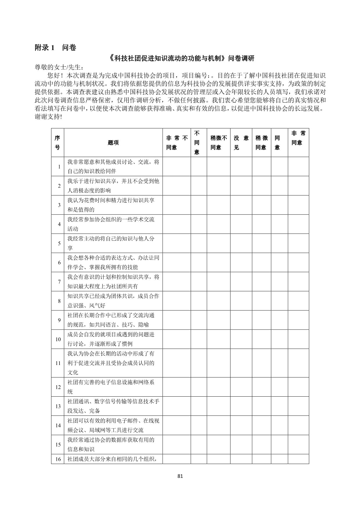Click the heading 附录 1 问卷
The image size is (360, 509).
tap(55, 48)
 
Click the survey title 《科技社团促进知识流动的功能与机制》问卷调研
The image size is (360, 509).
tap(182, 58)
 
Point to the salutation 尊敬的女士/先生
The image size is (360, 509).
tap(60, 67)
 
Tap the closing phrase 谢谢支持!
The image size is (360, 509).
tap(48, 117)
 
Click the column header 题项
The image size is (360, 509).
tap(113, 143)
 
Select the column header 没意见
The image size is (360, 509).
tap(241, 143)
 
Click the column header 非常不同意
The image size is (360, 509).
tap(177, 143)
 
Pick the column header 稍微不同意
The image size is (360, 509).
tap(218, 143)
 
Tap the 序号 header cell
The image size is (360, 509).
tap(57, 143)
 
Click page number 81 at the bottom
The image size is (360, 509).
tap(180, 476)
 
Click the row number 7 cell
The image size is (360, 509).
tap(59, 282)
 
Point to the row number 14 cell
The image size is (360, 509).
tap(58, 425)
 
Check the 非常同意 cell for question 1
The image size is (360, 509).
tap(298, 167)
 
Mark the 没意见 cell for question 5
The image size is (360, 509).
tap(241, 243)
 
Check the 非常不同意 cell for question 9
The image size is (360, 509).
tap(177, 320)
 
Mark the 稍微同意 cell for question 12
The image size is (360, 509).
tap(261, 387)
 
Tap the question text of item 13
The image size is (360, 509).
tap(113, 406)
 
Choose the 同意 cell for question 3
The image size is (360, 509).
tap(279, 205)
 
